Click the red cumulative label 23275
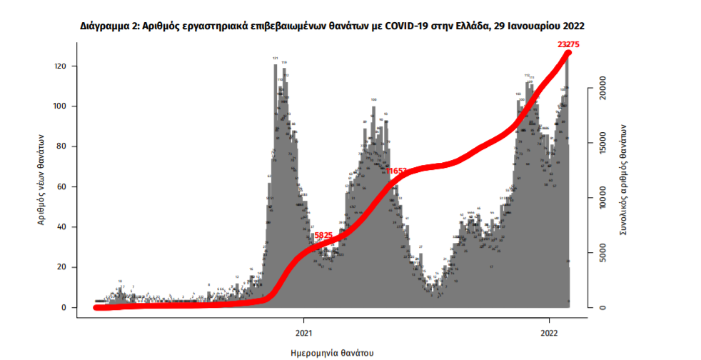(570, 44)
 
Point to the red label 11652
(396, 171)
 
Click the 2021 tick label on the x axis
(304, 332)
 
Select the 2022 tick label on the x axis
(549, 332)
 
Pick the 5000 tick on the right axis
(603, 253)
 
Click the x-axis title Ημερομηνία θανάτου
(333, 353)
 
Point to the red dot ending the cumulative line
(568, 54)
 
